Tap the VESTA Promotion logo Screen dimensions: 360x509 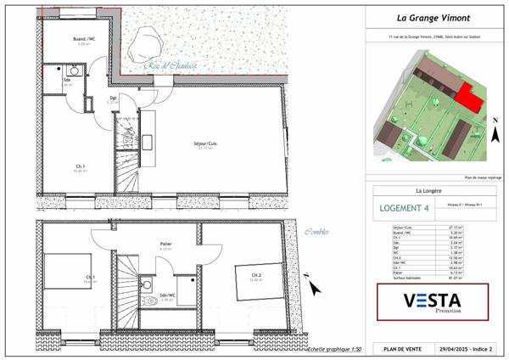click(433, 302)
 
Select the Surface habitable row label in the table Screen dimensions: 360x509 click(406, 277)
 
